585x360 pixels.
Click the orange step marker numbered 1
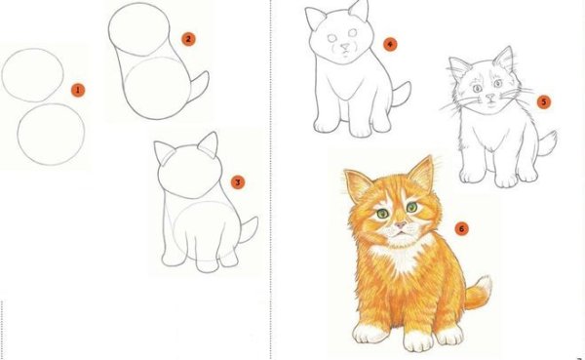[x=79, y=90]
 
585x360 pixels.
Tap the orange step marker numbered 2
[x=188, y=39]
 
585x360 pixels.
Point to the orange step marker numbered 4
[x=390, y=44]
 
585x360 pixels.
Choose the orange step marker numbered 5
[x=543, y=100]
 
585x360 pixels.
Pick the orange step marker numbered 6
[x=461, y=229]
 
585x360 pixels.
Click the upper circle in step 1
[x=33, y=74]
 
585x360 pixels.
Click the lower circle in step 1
[x=51, y=136]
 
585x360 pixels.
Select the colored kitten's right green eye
[x=411, y=208]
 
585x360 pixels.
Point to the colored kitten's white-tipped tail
[x=478, y=293]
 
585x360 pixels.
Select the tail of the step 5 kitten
[x=546, y=143]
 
